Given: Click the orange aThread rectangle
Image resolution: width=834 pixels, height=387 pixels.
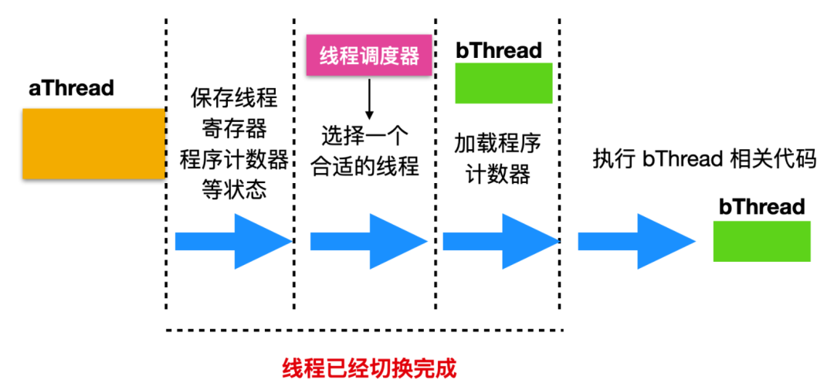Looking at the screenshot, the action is tap(93, 143).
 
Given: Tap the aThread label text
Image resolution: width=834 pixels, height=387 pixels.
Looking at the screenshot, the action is tap(71, 88).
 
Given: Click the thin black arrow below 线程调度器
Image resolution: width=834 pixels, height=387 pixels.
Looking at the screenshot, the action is tap(369, 100).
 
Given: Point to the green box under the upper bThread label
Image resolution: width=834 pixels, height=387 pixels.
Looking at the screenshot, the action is tap(503, 83).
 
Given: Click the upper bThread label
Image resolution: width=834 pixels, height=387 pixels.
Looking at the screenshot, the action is tap(499, 50).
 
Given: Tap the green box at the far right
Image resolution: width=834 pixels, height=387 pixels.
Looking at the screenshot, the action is tap(761, 241).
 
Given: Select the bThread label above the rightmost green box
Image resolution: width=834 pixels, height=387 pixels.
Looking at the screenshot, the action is tap(761, 207).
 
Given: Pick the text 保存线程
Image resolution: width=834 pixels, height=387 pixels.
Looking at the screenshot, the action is tap(234, 98).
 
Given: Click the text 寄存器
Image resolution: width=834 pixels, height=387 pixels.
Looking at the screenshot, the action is tap(234, 128).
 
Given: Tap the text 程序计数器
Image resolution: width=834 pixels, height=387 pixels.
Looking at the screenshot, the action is tap(234, 159).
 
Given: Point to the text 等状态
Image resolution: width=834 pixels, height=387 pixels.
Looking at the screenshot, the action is tap(234, 190).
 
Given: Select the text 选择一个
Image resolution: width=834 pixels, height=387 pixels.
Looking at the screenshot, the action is tap(364, 137).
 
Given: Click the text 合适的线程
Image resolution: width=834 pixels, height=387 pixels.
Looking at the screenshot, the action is tap(364, 167).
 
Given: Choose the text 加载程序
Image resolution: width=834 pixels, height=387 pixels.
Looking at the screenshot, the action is tap(497, 144).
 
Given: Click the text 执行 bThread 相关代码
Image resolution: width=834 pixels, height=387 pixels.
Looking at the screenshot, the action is tap(704, 160).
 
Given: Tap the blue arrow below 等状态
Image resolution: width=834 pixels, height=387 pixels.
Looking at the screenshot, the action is tap(234, 241).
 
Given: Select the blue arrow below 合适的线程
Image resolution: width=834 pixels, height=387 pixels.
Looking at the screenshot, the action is tap(369, 241).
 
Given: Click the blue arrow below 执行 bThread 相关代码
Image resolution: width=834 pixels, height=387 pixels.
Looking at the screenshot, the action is tap(637, 241).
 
